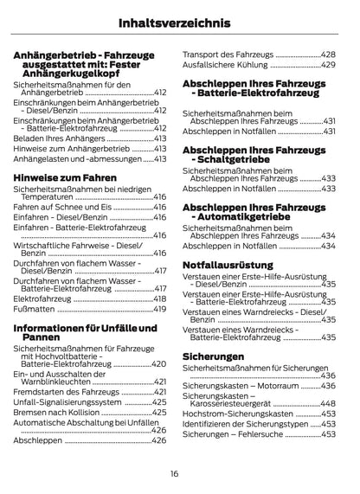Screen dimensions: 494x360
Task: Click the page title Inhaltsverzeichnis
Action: pos(179,22)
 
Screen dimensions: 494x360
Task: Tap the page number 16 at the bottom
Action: pos(175,474)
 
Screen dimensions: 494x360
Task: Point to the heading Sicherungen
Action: pos(213,356)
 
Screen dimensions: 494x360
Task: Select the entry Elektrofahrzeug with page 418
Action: pos(47,298)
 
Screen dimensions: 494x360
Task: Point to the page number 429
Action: pos(328,65)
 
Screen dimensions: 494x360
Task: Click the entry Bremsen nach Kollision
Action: pos(57,413)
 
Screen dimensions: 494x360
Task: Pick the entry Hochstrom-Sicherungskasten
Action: pos(241,414)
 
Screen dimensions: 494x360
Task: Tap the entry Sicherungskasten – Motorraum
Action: pos(239,385)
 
